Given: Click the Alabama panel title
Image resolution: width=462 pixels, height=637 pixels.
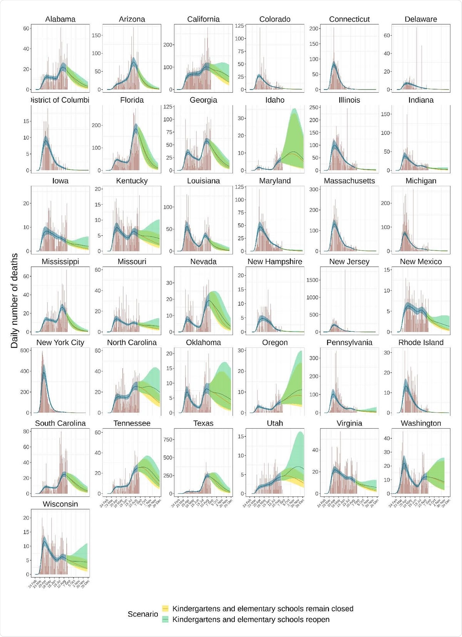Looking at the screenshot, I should point(60,19).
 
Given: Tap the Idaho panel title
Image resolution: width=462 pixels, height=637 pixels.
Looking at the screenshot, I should point(275,100).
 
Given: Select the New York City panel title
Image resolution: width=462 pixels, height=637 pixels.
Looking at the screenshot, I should point(60,343).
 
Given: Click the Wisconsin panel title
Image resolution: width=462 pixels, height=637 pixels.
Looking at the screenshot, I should point(60,504).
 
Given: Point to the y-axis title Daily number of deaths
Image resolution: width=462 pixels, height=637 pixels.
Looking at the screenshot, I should point(14,301).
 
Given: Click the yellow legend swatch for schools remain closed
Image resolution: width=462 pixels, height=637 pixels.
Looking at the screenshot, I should point(165,609).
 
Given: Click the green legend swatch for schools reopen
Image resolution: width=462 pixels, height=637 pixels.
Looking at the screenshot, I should point(165,620).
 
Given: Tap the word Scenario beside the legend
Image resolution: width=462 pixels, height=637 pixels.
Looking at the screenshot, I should point(143,614).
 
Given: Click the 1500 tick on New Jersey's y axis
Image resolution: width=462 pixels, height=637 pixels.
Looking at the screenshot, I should point(312,280).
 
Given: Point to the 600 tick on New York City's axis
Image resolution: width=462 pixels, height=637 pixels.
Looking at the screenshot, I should point(24,351).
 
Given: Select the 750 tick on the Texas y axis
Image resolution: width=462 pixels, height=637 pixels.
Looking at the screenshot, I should point(167,440).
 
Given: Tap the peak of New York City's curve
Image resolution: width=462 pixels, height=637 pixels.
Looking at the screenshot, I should point(44,366).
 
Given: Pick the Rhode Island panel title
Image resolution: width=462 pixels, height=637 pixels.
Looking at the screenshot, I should point(421,343).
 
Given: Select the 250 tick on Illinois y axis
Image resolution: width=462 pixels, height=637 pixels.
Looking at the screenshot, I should point(314,107).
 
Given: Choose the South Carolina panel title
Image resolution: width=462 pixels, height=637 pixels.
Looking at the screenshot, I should point(60,423).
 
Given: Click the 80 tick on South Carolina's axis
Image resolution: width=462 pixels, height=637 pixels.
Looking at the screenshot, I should point(26,431).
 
